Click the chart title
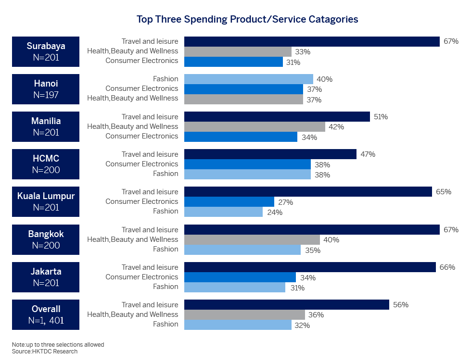click(247, 19)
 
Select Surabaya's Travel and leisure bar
click(312, 41)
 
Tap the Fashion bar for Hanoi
click(248, 79)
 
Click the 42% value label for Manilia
click(336, 127)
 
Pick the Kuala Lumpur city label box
click(46, 202)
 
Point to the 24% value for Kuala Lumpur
click(274, 213)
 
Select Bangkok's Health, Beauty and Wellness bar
click(252, 239)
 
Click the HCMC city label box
click(46, 164)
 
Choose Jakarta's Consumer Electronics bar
click(240, 277)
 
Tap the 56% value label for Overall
click(400, 305)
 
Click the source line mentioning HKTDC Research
click(45, 351)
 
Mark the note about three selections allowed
click(58, 345)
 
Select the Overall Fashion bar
click(238, 325)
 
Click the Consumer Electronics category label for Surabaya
click(141, 61)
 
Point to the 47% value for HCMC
click(367, 154)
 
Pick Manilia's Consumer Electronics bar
click(241, 137)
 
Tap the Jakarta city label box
click(46, 277)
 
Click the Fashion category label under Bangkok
click(165, 249)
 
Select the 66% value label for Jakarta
click(447, 267)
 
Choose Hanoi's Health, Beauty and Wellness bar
click(243, 99)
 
